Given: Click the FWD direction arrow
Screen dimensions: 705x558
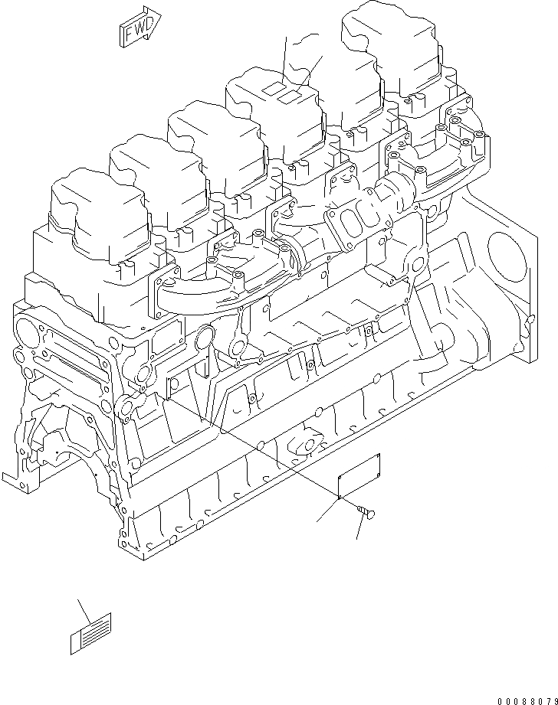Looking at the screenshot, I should (139, 24).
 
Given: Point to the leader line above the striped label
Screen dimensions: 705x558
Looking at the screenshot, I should (84, 610).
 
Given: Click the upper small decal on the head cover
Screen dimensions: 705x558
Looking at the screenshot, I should (272, 90).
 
